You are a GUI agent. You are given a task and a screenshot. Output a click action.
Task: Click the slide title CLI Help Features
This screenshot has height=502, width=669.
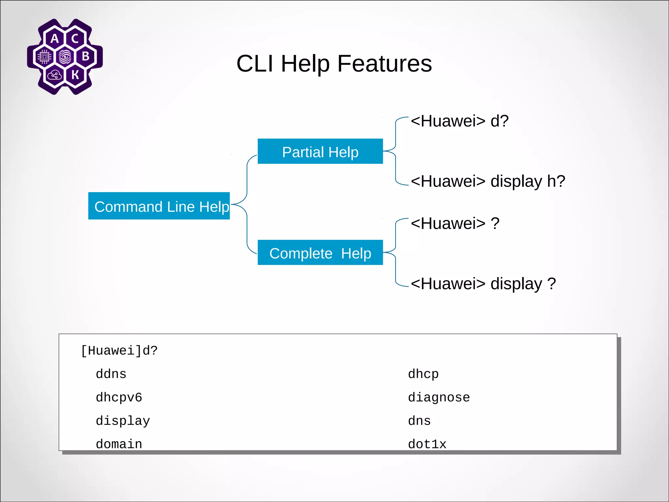tap(334, 63)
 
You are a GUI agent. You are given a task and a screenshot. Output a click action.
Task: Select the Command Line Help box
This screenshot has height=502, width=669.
tap(159, 206)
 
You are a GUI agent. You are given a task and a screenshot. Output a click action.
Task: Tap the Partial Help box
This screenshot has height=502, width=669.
tap(320, 152)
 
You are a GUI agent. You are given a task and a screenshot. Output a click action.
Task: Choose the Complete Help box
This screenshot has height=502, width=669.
tap(320, 253)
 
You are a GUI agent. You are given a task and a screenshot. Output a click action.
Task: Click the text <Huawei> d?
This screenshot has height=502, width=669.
tap(460, 121)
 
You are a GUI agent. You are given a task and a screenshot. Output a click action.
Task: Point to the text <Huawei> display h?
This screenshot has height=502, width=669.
tap(488, 181)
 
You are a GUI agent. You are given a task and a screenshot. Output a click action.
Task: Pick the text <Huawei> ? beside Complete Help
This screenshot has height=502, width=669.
tap(455, 224)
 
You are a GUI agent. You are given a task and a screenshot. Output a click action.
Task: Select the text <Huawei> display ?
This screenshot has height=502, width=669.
tap(483, 283)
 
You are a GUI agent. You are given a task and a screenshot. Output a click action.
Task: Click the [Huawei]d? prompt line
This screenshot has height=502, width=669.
tap(119, 351)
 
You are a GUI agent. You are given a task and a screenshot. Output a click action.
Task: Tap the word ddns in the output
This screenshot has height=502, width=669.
tap(111, 374)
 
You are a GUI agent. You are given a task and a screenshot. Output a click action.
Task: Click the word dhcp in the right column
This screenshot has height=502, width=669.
tap(423, 374)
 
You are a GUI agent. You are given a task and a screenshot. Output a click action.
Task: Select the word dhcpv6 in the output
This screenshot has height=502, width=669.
tap(119, 397)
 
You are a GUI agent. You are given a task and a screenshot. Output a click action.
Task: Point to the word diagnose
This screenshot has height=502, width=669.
tap(439, 397)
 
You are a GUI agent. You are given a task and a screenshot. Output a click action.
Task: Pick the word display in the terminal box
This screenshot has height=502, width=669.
tap(123, 421)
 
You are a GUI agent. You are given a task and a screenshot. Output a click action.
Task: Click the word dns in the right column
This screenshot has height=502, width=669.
tap(419, 421)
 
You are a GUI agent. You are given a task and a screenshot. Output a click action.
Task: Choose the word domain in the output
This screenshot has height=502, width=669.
tap(119, 444)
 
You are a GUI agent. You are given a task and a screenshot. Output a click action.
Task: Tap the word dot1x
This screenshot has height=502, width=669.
tap(427, 444)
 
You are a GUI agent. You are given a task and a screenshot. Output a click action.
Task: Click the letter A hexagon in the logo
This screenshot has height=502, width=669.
tap(55, 39)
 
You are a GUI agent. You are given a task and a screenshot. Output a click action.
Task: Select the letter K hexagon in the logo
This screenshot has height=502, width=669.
tap(75, 75)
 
